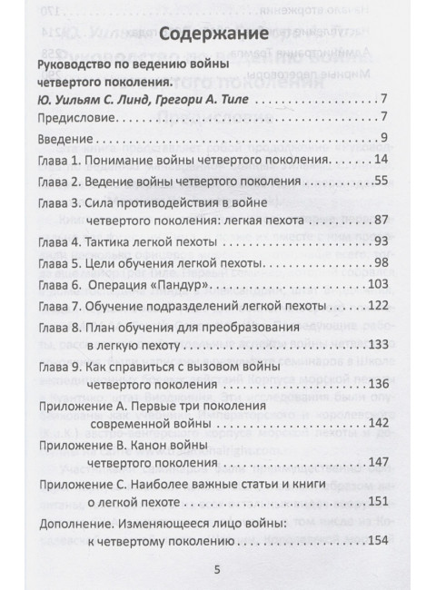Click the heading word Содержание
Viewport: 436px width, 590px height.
217,37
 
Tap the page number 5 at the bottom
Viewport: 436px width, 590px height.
216,569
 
